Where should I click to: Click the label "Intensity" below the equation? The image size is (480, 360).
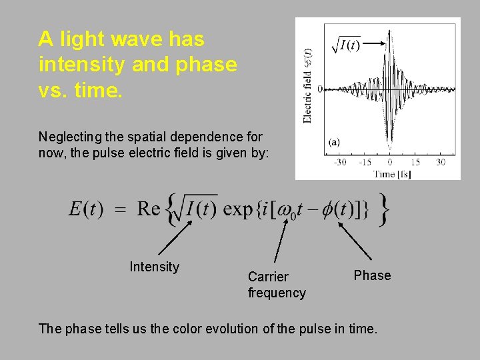coord(154,267)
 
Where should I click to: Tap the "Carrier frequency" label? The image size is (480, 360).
coord(277,285)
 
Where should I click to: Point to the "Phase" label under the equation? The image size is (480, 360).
coord(372,275)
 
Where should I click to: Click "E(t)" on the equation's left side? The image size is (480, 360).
coord(86,209)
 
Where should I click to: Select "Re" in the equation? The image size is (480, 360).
coord(149,209)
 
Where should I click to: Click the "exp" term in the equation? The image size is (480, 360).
coord(237,209)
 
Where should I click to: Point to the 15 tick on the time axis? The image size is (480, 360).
coord(415,162)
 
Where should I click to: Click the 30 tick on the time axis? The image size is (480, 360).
coord(440,162)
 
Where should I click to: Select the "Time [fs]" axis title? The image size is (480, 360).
coord(392,174)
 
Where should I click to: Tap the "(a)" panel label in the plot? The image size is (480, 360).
coord(334,142)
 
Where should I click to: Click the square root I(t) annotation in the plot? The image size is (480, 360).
coord(347,45)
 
